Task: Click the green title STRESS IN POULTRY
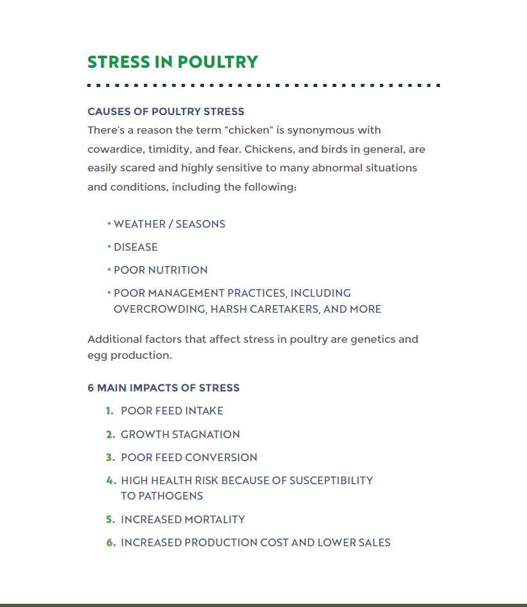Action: coord(173,62)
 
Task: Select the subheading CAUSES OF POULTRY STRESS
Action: coord(166,111)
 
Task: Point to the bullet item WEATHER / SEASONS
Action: coord(169,224)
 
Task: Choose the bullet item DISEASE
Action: coord(136,247)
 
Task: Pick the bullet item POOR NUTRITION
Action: coord(161,270)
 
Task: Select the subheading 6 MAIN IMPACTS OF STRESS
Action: coord(164,388)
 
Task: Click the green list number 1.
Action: coord(109,411)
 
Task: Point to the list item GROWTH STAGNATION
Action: coord(180,434)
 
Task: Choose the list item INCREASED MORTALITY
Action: coord(183,519)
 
